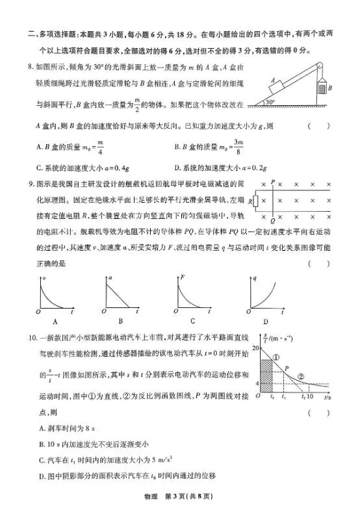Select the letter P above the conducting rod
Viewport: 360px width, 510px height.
(273, 183)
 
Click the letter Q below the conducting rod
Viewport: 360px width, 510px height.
(273, 221)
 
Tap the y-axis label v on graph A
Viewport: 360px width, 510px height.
(44, 278)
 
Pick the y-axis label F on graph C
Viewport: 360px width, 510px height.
(183, 278)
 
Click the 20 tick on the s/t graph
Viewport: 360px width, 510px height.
(255, 348)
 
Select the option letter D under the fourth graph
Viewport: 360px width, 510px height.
(265, 322)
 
